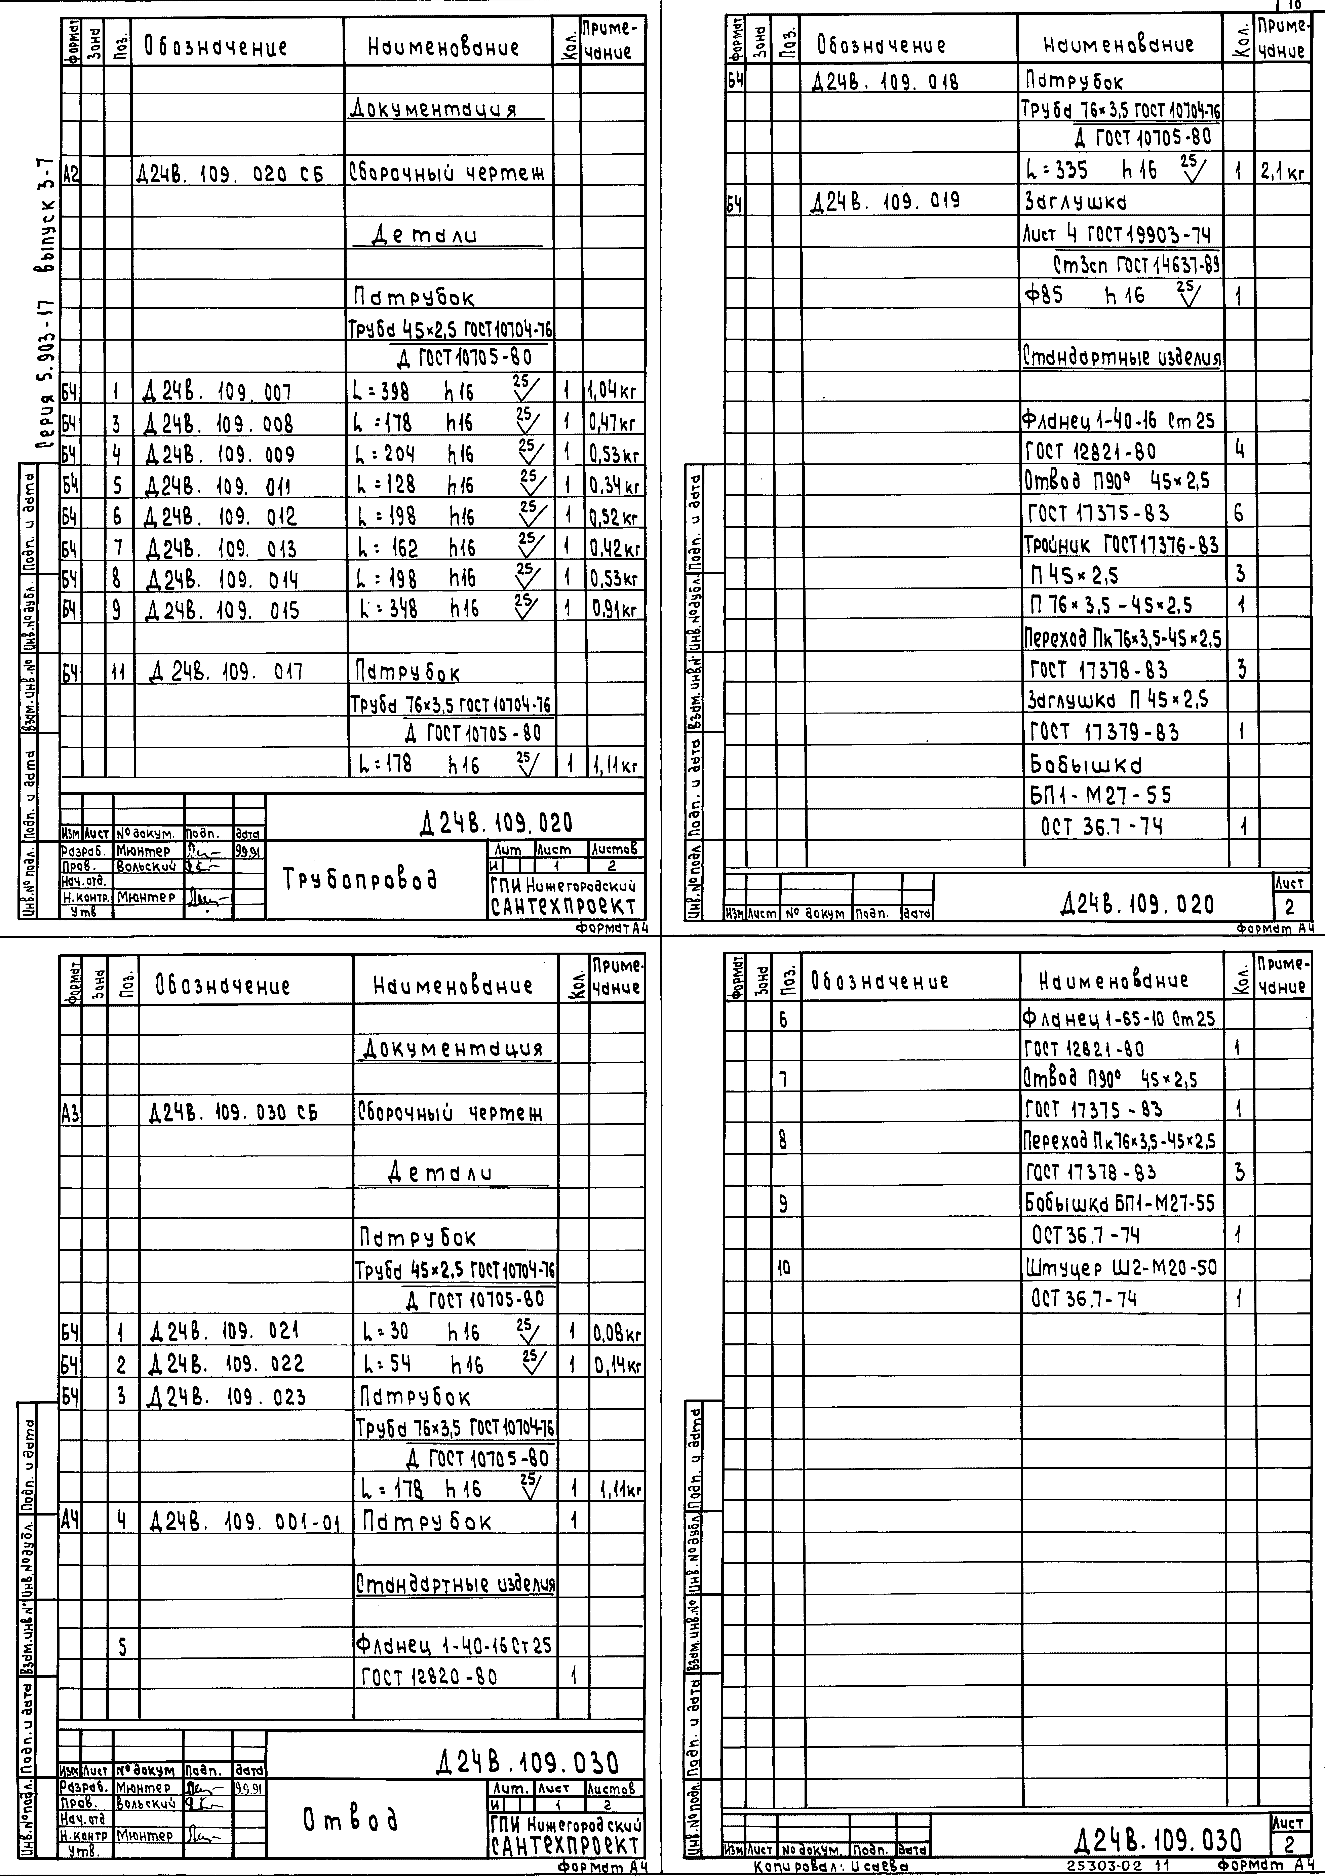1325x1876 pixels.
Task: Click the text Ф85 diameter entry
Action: point(1044,295)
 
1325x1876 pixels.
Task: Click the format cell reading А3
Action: point(70,1112)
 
